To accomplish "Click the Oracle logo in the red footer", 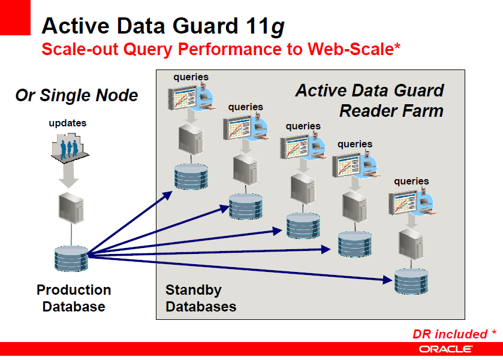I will click(x=445, y=349).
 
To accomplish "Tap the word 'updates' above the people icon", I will click(x=67, y=123).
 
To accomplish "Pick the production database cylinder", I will click(x=71, y=258).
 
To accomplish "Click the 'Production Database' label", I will click(x=74, y=298).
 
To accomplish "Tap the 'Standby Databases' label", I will click(x=200, y=298).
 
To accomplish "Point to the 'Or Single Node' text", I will click(x=77, y=95).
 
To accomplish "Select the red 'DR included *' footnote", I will click(x=454, y=334).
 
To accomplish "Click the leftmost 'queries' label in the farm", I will click(x=191, y=77).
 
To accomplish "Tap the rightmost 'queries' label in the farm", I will click(x=411, y=181).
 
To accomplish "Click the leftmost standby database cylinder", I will click(x=191, y=176).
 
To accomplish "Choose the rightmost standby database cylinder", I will click(x=411, y=280).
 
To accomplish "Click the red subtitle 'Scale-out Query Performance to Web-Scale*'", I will click(x=221, y=49).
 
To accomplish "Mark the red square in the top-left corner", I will click(x=14, y=16).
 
